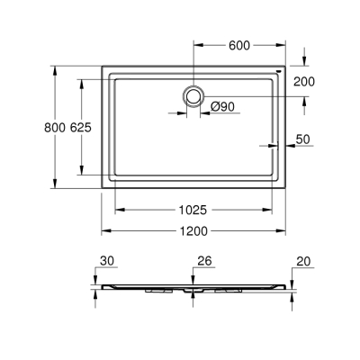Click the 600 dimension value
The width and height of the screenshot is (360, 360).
[x=239, y=45]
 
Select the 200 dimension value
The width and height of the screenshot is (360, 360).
[x=304, y=81]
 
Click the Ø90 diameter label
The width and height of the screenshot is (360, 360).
[x=222, y=107]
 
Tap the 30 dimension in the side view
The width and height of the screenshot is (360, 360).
[x=108, y=262]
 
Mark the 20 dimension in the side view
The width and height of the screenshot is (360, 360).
[x=302, y=262]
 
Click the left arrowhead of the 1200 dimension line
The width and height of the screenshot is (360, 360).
[x=104, y=231]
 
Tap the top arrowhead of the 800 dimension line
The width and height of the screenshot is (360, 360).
[x=56, y=67]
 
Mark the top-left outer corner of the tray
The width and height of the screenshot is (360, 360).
[x=102, y=64]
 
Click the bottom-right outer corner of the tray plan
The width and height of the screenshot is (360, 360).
[x=285, y=190]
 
